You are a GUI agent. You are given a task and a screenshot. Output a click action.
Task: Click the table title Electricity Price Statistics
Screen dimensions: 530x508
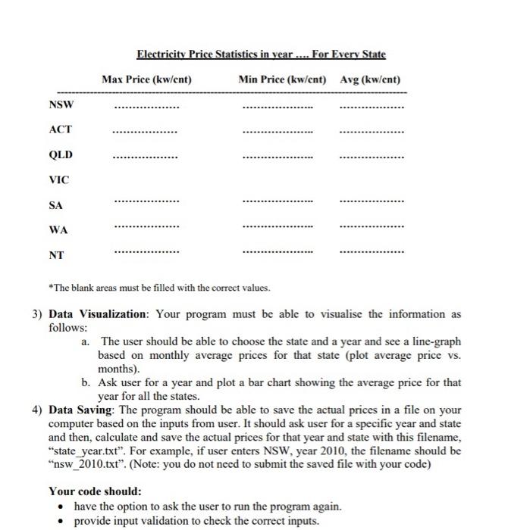(x=261, y=55)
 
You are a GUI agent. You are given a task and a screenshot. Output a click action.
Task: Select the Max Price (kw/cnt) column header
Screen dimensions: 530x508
(x=146, y=79)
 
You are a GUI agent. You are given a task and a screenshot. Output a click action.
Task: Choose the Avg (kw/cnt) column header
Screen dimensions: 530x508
(x=370, y=79)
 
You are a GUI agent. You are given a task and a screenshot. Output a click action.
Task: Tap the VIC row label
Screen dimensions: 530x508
(x=58, y=179)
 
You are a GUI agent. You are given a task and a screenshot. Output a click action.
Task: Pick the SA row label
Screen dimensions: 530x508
(x=56, y=204)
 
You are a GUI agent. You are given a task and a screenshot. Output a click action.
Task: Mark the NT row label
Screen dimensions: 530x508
(x=56, y=255)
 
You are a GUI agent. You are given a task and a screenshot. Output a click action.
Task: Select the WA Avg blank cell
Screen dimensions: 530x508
(x=372, y=227)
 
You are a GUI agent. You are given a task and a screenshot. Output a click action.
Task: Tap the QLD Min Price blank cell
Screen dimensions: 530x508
(x=278, y=158)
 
